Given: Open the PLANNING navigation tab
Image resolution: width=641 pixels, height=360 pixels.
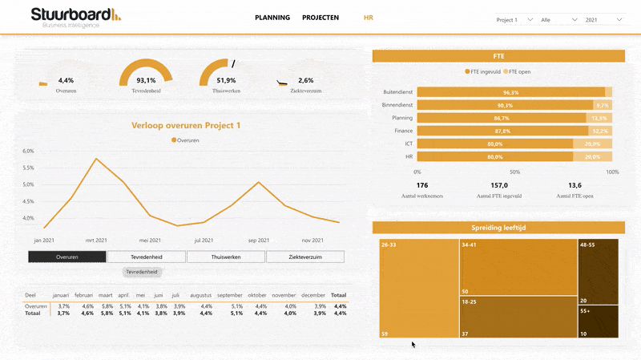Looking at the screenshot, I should click(272, 18).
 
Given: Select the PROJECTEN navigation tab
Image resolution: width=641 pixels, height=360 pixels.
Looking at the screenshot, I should click(320, 18).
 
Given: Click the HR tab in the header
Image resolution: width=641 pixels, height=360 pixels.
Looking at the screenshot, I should click(369, 18).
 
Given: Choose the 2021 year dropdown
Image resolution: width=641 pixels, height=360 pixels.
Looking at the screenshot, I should click(604, 20).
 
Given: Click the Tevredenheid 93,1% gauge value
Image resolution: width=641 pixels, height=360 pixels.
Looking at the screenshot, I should click(146, 81).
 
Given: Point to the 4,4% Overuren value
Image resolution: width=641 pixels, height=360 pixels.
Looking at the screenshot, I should click(66, 81).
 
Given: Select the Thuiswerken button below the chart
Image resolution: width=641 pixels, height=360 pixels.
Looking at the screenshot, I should click(226, 257).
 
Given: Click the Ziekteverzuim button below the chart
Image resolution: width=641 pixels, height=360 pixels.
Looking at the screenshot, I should click(305, 257).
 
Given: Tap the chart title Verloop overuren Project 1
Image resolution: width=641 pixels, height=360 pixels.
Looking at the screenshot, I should click(186, 126).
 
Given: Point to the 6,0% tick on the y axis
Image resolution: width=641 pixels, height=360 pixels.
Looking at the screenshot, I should click(28, 151).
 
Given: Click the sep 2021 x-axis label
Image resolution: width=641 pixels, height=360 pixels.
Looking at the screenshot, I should click(258, 240).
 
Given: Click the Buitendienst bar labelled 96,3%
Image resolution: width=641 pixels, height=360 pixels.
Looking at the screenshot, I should click(510, 92).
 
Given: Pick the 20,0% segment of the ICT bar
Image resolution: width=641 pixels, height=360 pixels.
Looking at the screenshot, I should click(592, 144).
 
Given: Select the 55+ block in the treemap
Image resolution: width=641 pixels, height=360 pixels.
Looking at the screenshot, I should click(598, 322).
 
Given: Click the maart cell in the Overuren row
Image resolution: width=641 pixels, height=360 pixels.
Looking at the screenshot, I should click(107, 306).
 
